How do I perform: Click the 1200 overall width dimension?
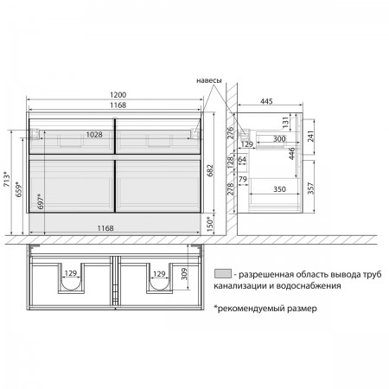pos(118,95)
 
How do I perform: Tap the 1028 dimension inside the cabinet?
pos(94,135)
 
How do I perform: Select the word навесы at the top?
pos(209,80)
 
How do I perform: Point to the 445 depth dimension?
pos(266,101)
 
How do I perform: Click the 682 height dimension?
pos(210,170)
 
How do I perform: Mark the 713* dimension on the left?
pos(7,179)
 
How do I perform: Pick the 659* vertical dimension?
pos(19,189)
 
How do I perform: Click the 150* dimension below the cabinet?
pos(210,225)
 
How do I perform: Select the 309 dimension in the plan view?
pos(184,274)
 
